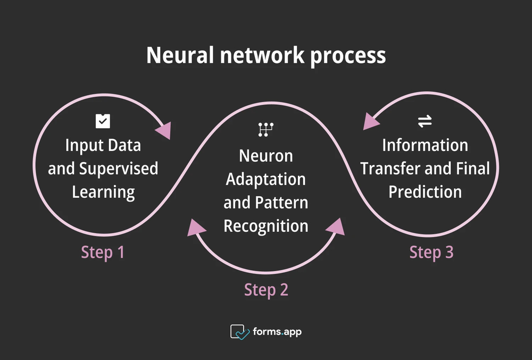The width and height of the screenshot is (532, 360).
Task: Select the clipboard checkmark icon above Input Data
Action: tap(103, 121)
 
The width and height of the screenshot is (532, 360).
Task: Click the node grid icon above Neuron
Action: tap(265, 129)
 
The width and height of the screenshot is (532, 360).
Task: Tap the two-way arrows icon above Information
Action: tap(425, 122)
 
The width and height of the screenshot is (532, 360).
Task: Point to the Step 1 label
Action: tap(103, 252)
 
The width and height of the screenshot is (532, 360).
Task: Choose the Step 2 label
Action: tap(266, 290)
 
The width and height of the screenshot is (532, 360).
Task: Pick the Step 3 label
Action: tap(431, 252)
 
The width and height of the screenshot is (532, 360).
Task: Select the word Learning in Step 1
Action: tap(103, 192)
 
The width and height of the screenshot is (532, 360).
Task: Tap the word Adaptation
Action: tap(265, 179)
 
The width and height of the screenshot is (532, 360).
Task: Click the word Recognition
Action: tap(265, 226)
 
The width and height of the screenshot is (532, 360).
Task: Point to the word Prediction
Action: tap(425, 192)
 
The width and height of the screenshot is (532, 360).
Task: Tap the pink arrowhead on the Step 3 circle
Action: tap(371, 120)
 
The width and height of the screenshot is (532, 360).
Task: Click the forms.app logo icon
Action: tap(240, 332)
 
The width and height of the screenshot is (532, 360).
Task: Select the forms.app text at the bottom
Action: tap(277, 332)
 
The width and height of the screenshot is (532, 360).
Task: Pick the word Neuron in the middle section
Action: tap(265, 156)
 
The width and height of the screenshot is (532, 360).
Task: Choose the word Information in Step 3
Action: tap(425, 145)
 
